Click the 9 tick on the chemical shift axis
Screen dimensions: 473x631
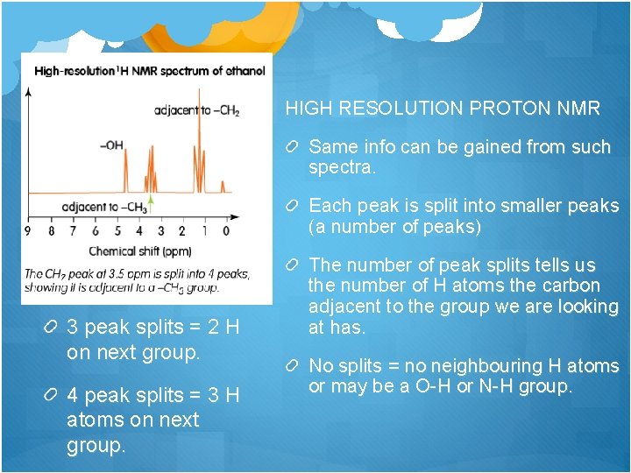[x=28, y=231]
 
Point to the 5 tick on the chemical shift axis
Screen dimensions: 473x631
[x=117, y=231]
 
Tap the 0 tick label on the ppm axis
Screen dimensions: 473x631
[x=226, y=231]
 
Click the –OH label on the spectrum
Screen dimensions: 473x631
[x=111, y=145]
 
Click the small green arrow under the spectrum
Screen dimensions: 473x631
[x=150, y=205]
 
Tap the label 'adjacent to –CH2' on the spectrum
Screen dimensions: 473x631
[x=196, y=110]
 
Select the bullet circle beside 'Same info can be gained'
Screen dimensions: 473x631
[x=296, y=146]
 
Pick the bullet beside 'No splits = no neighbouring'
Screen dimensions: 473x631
[x=296, y=366]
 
